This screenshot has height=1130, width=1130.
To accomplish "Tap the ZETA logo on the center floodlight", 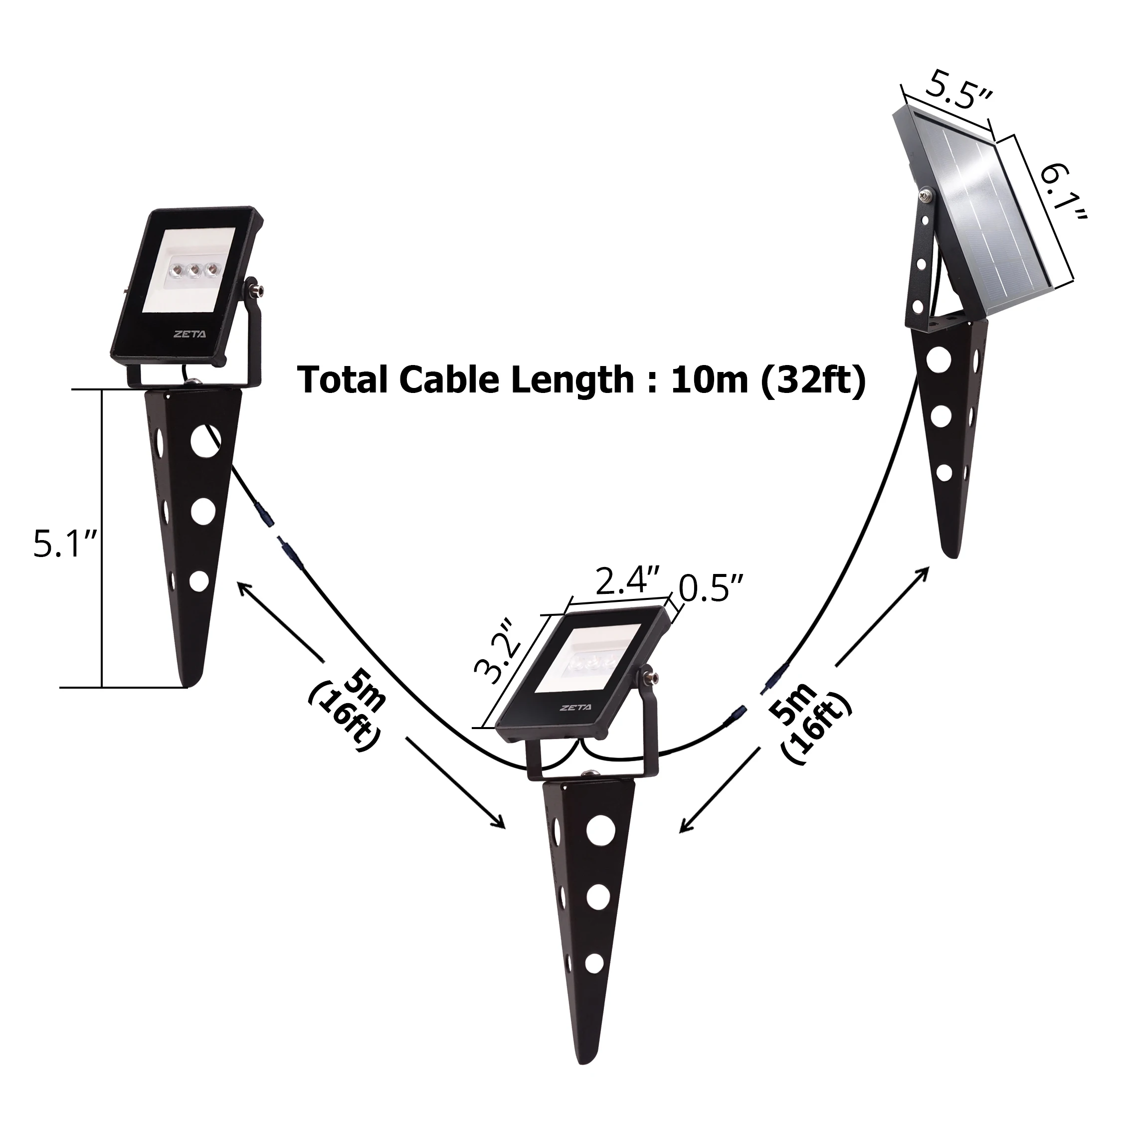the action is coord(575,707).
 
